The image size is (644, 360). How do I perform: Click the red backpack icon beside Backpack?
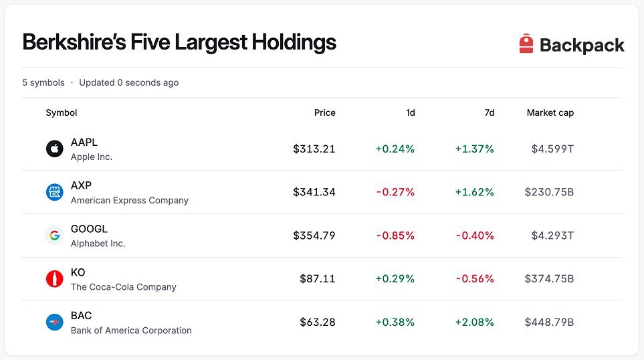[526, 43]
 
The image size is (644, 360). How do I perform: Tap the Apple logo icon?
[55, 149]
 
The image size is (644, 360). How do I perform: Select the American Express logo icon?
[55, 192]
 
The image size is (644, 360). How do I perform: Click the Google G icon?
[55, 236]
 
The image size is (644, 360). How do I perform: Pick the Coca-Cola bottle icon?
[55, 278]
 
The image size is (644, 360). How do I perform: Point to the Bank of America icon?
[55, 322]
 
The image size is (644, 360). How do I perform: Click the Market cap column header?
[550, 112]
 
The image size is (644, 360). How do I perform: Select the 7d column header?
[489, 112]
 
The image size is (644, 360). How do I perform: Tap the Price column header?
[324, 112]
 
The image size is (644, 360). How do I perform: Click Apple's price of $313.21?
[314, 149]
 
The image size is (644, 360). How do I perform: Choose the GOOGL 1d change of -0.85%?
[395, 236]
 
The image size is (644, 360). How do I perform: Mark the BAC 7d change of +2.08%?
[474, 322]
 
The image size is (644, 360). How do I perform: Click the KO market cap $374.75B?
[549, 278]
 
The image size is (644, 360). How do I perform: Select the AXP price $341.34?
[314, 192]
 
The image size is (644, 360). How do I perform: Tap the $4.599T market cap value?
[552, 149]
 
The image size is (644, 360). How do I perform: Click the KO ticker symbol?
[78, 272]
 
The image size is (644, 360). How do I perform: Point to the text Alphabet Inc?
[98, 244]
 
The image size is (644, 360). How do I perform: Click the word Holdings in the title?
[294, 42]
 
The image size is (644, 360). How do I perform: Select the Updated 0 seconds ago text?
[129, 82]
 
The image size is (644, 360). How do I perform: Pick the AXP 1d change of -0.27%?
[395, 192]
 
